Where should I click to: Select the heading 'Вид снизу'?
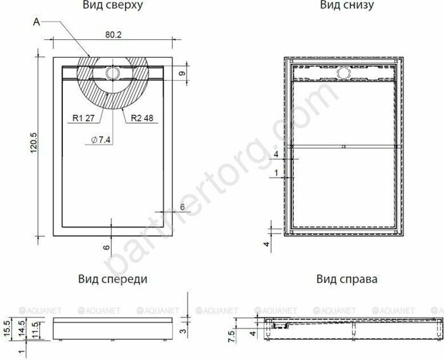click(346, 6)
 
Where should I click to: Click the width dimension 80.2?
click(112, 36)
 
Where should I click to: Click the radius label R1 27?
click(83, 117)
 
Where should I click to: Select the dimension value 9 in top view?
click(182, 74)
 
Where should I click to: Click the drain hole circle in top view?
click(113, 73)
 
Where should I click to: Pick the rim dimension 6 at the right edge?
click(183, 207)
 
